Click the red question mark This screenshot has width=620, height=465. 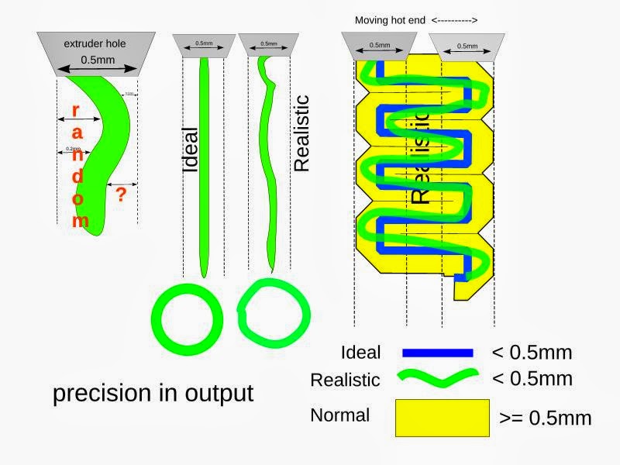120,195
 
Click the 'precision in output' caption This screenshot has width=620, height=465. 153,393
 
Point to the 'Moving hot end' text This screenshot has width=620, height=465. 390,20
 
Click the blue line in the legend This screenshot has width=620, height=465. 438,353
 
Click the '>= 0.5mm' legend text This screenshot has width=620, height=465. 545,418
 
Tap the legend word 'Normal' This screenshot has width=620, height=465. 339,415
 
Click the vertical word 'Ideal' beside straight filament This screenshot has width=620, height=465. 191,149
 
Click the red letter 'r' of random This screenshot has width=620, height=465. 75,110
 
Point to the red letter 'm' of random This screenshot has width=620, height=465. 80,222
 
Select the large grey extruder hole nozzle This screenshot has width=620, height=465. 95,53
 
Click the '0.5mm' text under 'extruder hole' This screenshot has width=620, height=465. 95,58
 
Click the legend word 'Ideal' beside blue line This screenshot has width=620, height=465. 360,353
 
